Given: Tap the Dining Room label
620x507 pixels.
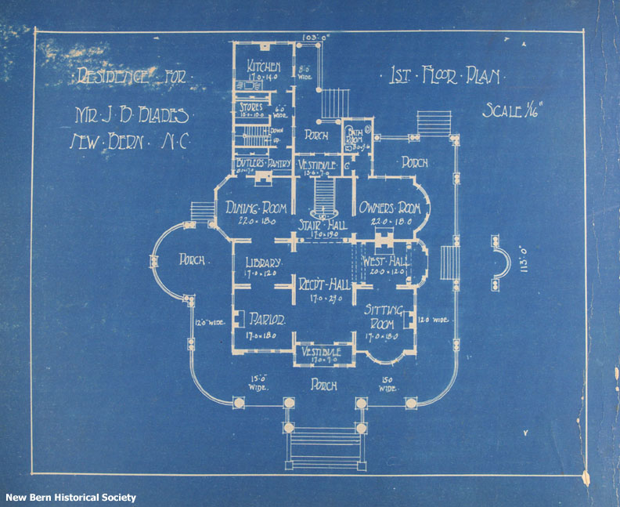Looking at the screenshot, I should [255, 208].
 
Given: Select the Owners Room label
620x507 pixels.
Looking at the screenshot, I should [390, 208].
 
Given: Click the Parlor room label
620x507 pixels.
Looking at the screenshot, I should [264, 320].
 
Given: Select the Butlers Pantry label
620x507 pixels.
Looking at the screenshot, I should [262, 163].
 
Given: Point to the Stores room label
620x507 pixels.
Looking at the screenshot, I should [252, 107].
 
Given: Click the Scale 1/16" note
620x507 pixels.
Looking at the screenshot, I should [511, 110].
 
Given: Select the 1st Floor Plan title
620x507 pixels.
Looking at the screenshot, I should [445, 77].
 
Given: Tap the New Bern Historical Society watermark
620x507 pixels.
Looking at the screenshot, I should [71, 498].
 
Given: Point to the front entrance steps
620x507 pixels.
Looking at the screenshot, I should [324, 447].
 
